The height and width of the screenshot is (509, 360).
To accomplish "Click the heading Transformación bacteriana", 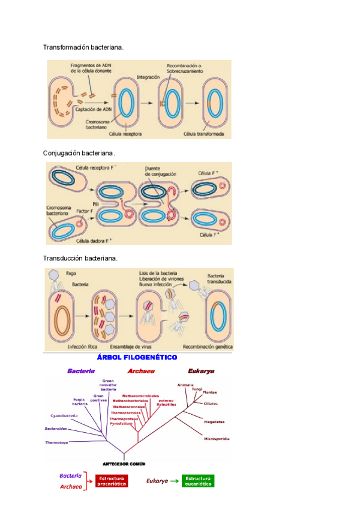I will (83, 47).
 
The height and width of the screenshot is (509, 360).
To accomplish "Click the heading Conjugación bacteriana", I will (78, 154).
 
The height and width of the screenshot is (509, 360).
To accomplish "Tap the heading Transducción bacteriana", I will (80, 258).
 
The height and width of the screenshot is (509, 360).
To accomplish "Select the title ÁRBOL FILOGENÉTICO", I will (137, 357).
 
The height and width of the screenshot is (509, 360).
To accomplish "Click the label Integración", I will (148, 77).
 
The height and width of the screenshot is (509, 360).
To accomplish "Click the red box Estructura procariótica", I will (111, 481).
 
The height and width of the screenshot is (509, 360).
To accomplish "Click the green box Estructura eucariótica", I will (198, 481).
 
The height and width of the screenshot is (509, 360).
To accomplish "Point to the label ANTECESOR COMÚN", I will (124, 463).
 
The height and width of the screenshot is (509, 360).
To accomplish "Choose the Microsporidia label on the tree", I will (216, 439).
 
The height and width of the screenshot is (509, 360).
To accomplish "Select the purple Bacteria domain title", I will (80, 371).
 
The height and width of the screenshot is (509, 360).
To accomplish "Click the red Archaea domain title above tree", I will (141, 371).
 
